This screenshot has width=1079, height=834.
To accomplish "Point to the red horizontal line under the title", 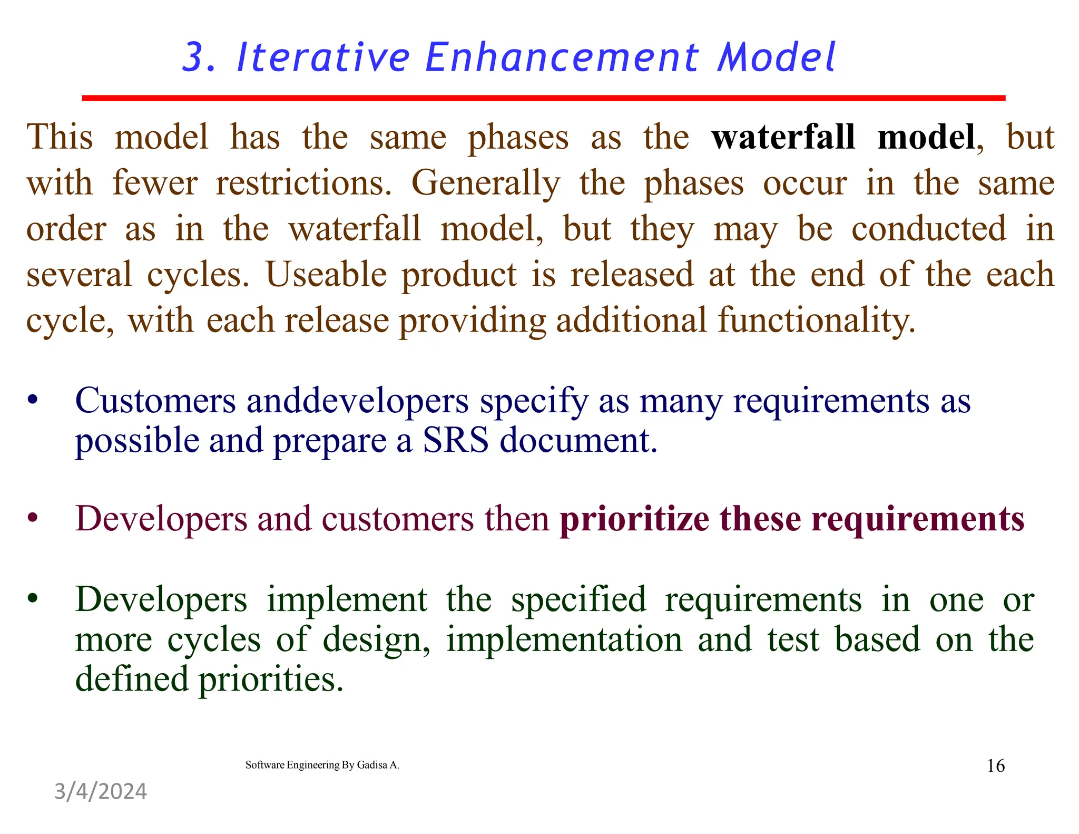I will click(543, 98).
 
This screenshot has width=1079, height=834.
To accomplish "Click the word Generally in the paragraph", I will click(485, 183).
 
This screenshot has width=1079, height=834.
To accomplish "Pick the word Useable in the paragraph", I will click(327, 275).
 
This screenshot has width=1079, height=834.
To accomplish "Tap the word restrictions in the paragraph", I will click(303, 183).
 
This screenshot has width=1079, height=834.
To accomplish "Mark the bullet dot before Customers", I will click(33, 400).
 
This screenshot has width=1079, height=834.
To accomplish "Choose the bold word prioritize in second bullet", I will click(634, 519).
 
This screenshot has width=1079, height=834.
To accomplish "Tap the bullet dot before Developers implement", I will click(33, 599).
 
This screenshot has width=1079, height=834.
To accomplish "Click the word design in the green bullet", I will click(375, 640).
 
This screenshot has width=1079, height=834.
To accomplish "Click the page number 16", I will click(995, 765).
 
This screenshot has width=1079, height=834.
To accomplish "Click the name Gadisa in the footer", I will click(372, 765).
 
